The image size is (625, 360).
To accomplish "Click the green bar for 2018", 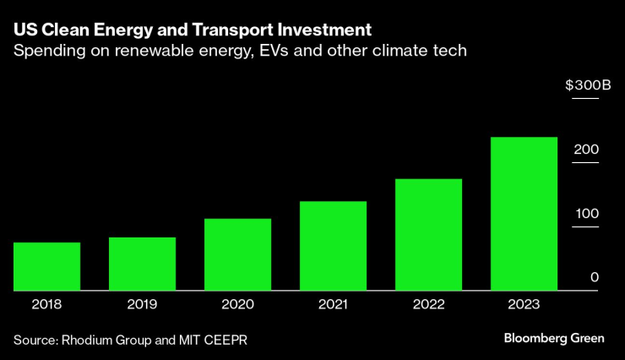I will (46, 266).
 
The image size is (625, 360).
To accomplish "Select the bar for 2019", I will (142, 264).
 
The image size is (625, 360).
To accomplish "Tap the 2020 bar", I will (237, 254).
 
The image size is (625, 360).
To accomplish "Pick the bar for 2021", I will (333, 246).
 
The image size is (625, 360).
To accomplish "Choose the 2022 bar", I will (428, 234).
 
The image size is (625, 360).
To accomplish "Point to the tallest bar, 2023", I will (524, 214).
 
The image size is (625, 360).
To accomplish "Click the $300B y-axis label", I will (582, 85).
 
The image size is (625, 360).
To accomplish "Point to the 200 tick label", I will (586, 150).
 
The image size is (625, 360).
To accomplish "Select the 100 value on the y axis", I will (586, 214).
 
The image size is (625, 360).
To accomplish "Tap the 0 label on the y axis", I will (595, 278).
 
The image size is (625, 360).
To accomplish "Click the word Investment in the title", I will (324, 30).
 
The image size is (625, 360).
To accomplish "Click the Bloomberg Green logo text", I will (554, 338).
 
